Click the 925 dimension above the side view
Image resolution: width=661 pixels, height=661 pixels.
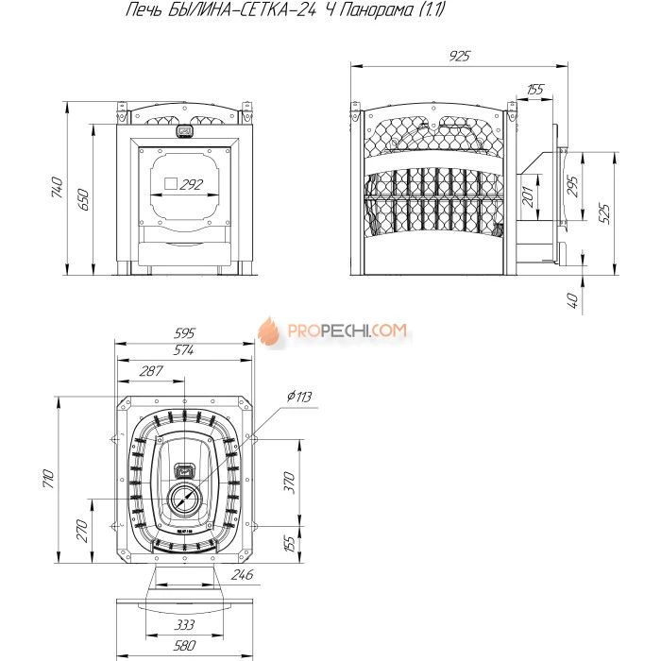pyautogui.click(x=460, y=56)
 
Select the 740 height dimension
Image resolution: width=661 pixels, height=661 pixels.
pyautogui.click(x=57, y=188)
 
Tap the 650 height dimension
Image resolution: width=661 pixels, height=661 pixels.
pyautogui.click(x=83, y=200)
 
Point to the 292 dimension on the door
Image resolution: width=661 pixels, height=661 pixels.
pyautogui.click(x=191, y=184)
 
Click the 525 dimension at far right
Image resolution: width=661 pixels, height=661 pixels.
pyautogui.click(x=604, y=213)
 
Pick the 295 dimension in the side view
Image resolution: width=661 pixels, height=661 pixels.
pyautogui.click(x=573, y=185)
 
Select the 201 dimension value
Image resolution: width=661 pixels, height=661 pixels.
pyautogui.click(x=528, y=196)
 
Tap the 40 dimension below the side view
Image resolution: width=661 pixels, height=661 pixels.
pyautogui.click(x=573, y=300)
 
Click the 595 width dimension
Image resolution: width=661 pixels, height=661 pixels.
pyautogui.click(x=185, y=333)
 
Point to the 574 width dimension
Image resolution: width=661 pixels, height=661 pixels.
pyautogui.click(x=184, y=350)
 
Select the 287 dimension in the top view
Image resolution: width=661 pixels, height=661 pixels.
pyautogui.click(x=151, y=371)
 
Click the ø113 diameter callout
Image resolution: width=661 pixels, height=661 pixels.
pyautogui.click(x=299, y=397)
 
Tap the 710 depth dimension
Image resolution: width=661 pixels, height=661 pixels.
pyautogui.click(x=48, y=479)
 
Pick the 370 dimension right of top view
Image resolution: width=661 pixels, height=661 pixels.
pyautogui.click(x=289, y=483)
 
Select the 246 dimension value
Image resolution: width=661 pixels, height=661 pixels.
pyautogui.click(x=243, y=574)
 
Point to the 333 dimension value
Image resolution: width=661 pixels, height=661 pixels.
pyautogui.click(x=184, y=624)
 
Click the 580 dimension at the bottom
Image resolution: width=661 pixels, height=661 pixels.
pyautogui.click(x=184, y=645)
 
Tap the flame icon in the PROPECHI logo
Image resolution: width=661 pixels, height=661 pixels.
pyautogui.click(x=269, y=331)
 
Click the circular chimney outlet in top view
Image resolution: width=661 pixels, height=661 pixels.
pyautogui.click(x=185, y=484)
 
